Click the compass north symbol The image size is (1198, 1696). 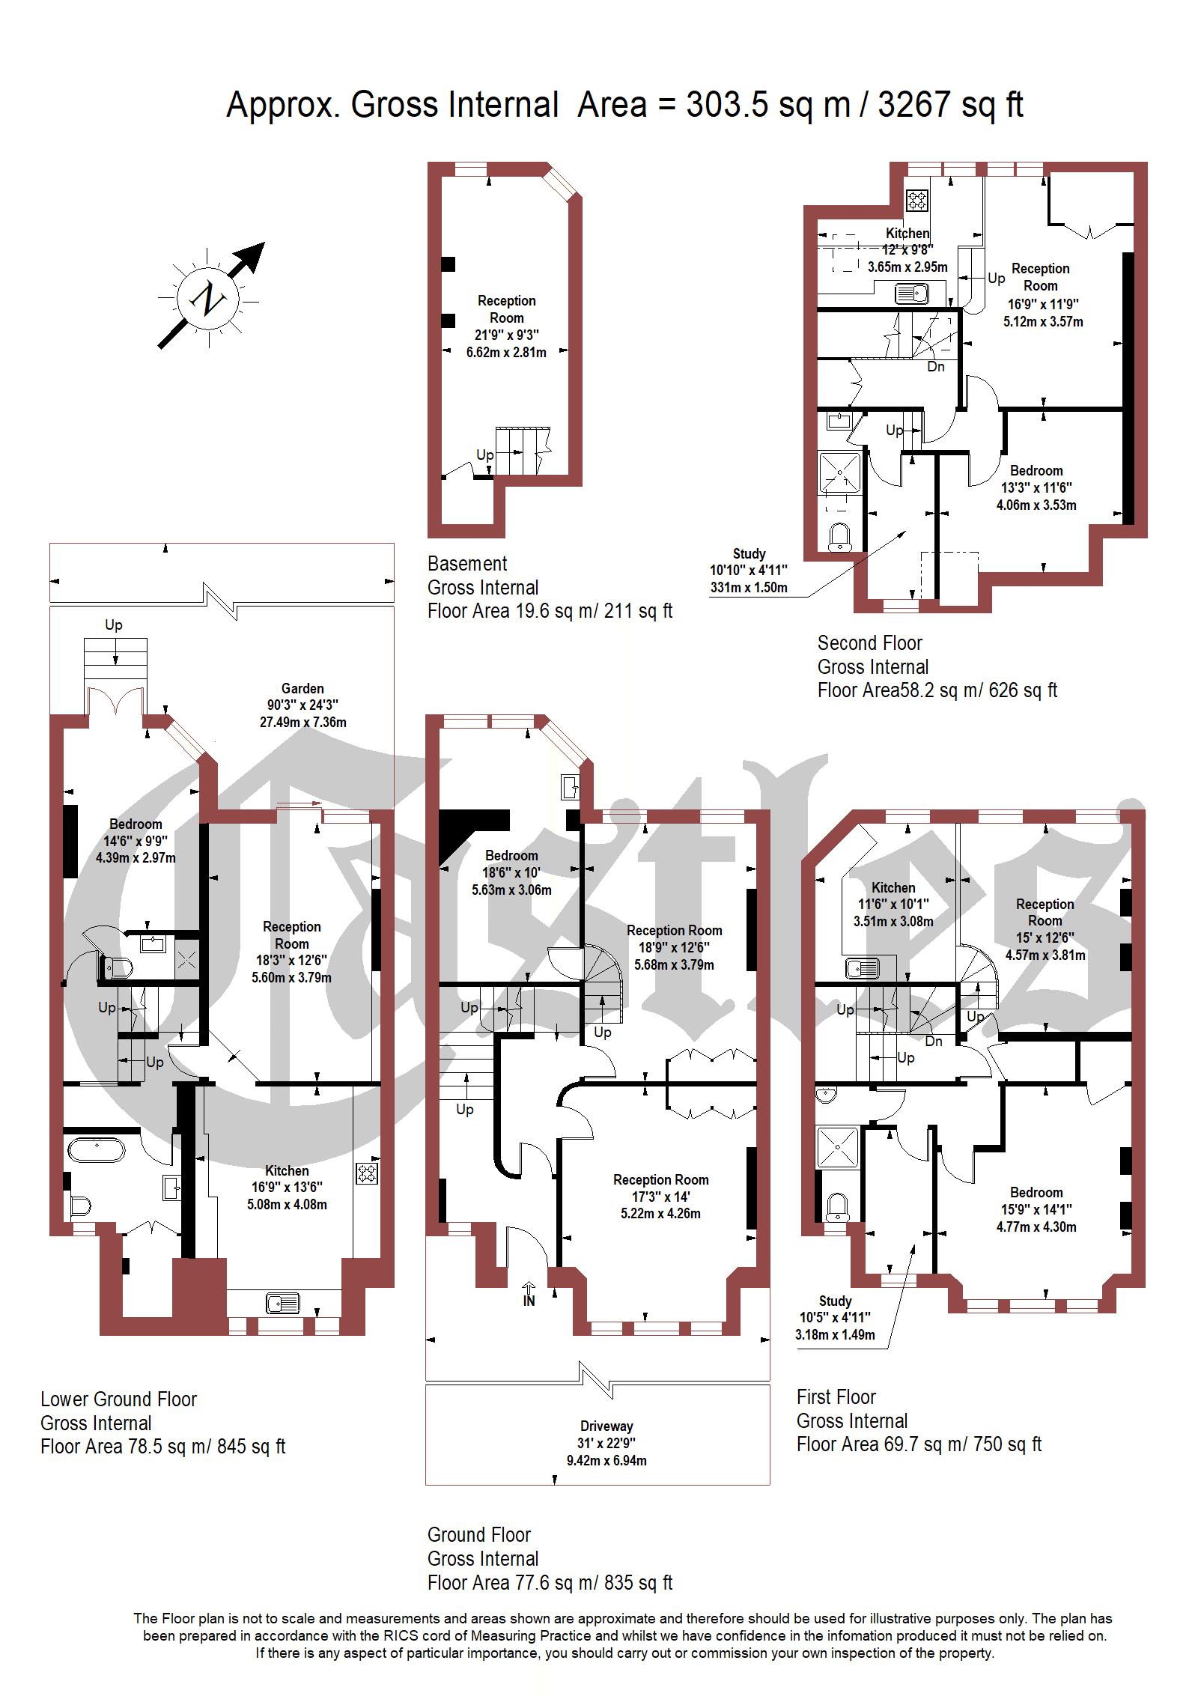point(209,297)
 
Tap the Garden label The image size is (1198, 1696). point(302,688)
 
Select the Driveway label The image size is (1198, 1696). point(606,1426)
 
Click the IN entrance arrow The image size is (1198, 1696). point(529,1294)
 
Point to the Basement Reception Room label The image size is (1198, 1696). point(507,308)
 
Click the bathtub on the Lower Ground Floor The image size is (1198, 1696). point(97,1150)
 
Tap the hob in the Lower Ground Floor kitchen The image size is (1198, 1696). point(367,1173)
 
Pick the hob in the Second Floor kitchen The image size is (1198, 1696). point(918,199)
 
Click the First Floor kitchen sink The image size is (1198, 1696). point(862,969)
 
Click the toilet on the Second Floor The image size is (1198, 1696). point(841,536)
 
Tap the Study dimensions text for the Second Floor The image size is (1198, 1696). point(749,579)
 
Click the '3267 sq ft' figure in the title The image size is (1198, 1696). point(950,105)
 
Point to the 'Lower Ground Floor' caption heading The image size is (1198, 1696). point(118,1399)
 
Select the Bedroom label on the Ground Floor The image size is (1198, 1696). point(511,855)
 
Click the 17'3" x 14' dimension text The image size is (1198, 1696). point(660,1197)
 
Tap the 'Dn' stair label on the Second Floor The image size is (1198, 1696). point(936,367)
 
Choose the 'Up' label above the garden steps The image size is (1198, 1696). point(114,625)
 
